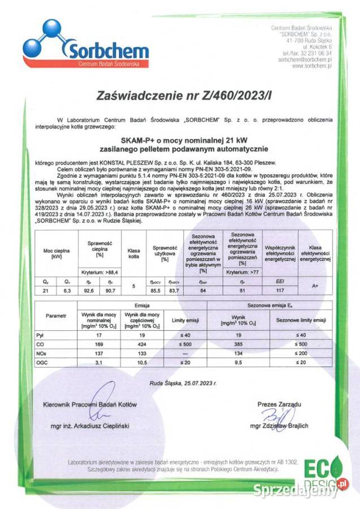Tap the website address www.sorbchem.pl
tap(311, 66)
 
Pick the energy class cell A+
tap(315, 286)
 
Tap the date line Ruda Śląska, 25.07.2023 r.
tap(183, 383)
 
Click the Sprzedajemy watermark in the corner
tap(294, 490)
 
